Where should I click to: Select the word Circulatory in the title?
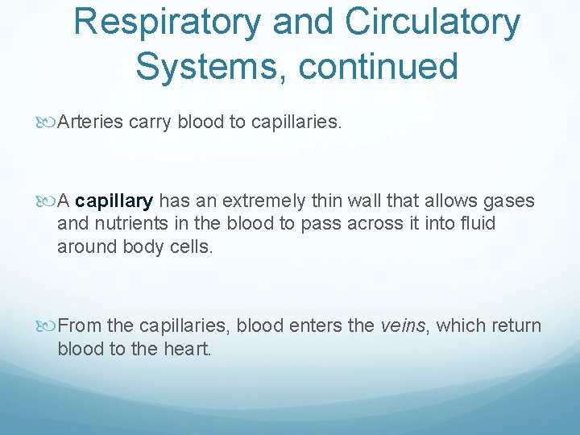pyautogui.click(x=433, y=23)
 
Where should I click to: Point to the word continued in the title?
pyautogui.click(x=379, y=66)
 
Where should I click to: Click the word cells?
pyautogui.click(x=191, y=246)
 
